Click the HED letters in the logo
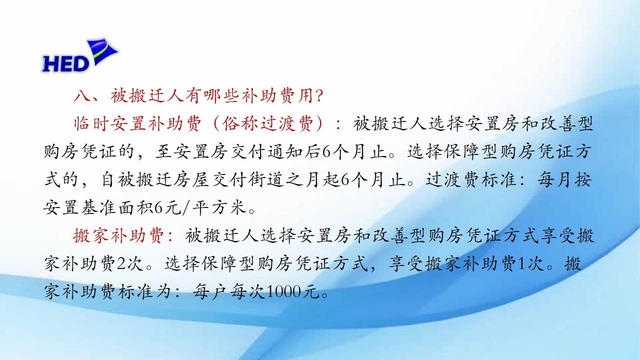click(x=66, y=63)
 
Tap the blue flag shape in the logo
click(x=102, y=51)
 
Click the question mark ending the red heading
click(x=319, y=95)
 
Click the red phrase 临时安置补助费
click(x=137, y=123)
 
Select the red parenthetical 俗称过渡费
click(x=268, y=123)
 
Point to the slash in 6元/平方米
click(x=186, y=207)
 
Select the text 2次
click(x=130, y=263)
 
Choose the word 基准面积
click(x=99, y=207)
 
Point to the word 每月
click(x=555, y=179)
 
